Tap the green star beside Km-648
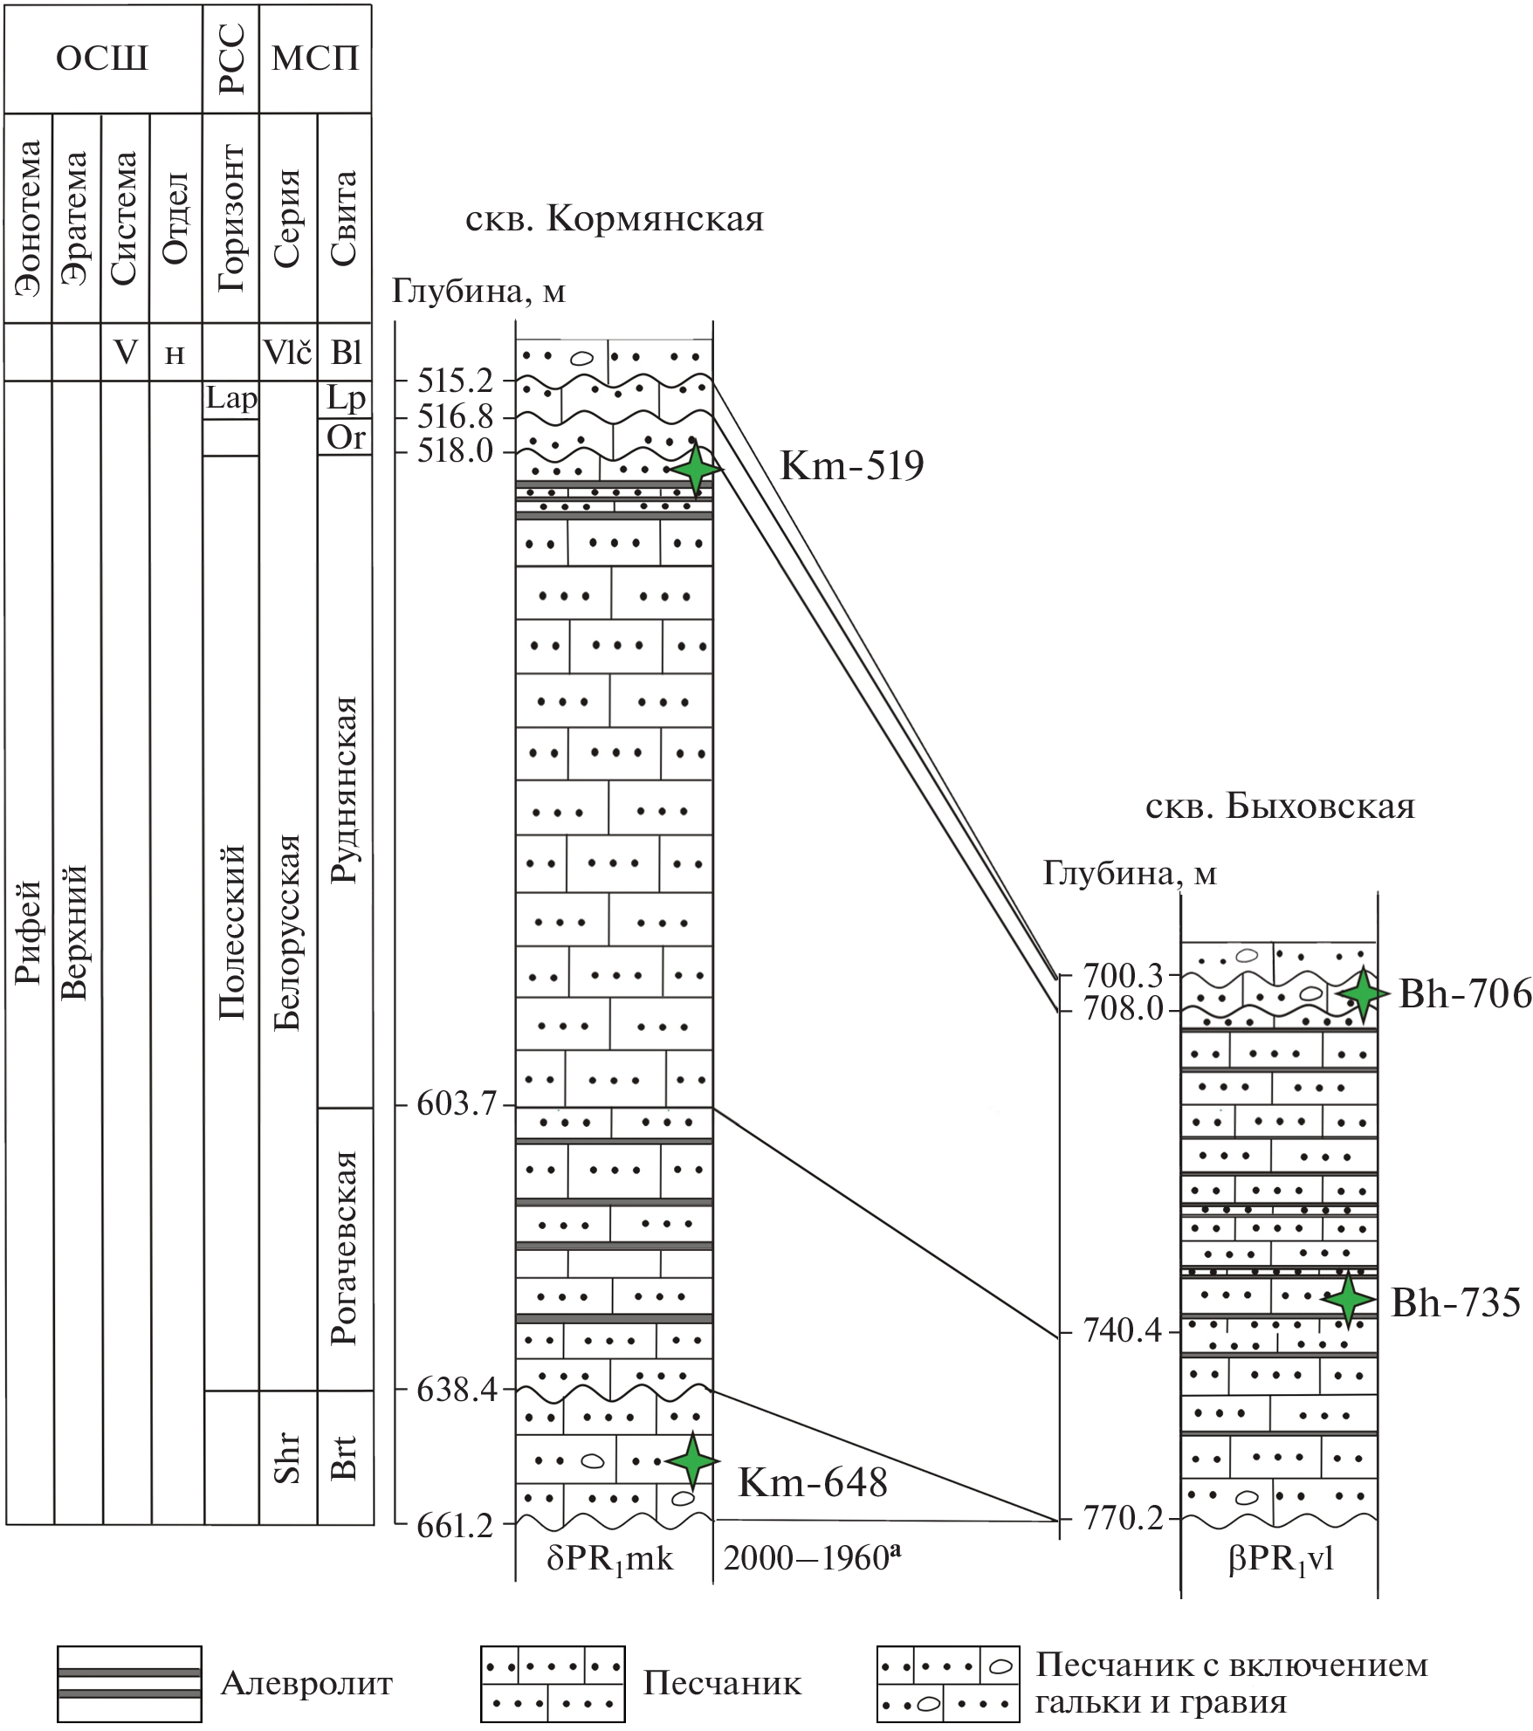click(692, 1460)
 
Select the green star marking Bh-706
click(1362, 993)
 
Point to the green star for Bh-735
click(1348, 1300)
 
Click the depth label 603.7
click(456, 1105)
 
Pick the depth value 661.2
click(456, 1525)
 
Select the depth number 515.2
click(456, 381)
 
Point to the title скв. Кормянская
click(615, 219)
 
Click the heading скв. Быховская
click(1280, 807)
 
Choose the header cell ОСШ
click(102, 58)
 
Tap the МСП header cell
click(315, 58)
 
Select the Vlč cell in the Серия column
click(288, 353)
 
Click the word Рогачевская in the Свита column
click(346, 1248)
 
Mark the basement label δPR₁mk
click(610, 1559)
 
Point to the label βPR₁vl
click(1281, 1559)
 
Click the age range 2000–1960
click(811, 1558)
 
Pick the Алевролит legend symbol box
click(129, 1684)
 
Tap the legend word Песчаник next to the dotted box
click(722, 1683)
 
